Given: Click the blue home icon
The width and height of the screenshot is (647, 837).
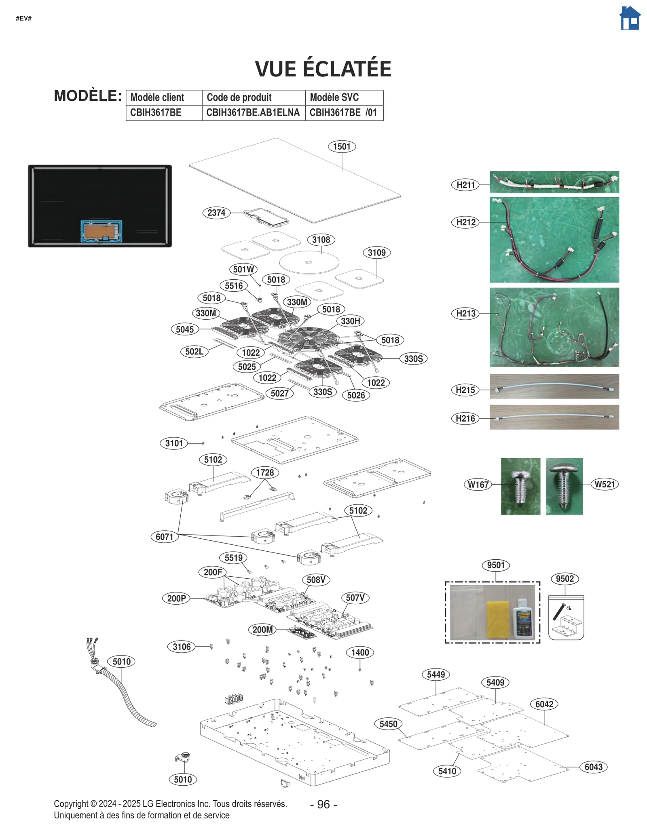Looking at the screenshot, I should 630,19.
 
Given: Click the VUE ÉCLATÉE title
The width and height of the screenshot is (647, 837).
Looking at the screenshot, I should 323,69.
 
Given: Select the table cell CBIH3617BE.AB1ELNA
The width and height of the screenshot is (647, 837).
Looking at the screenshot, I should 253,113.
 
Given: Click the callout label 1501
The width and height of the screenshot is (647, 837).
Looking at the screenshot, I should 342,146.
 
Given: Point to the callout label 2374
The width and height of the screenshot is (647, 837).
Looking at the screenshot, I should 216,213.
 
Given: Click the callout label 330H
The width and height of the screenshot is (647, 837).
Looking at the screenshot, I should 350,321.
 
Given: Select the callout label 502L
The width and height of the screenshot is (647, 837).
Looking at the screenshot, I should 194,352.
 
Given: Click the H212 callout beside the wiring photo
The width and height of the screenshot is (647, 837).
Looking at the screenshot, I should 465,222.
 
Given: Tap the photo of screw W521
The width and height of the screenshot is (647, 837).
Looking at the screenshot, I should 564,486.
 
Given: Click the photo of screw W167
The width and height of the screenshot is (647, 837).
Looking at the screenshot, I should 520,486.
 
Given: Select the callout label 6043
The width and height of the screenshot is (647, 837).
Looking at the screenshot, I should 593,767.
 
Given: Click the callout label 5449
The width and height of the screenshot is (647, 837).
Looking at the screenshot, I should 436,674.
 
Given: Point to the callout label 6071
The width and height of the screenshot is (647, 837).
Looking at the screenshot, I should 164,537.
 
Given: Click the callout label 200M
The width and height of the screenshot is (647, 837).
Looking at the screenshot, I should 262,629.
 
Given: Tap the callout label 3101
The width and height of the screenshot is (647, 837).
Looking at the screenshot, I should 174,443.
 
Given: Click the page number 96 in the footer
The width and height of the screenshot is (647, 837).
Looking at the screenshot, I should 323,804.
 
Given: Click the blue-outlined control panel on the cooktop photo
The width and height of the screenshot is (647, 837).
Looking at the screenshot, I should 101,231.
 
